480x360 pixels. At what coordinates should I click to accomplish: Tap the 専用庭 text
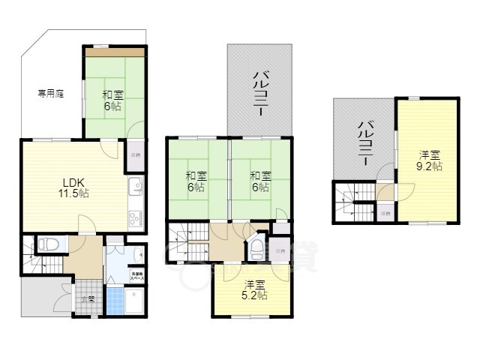50,94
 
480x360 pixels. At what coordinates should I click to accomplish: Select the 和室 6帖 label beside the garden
112,100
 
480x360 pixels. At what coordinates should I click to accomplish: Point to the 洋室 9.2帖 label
430,161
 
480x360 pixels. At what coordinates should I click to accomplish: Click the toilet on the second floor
258,247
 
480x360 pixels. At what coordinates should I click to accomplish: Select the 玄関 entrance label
88,299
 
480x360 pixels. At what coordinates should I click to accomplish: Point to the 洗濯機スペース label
139,275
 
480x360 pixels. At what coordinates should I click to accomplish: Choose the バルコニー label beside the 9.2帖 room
365,142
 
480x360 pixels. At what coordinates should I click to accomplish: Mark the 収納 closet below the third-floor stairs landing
384,213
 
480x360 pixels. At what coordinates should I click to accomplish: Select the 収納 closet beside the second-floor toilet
280,250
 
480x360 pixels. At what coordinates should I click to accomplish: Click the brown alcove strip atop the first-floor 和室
114,51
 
